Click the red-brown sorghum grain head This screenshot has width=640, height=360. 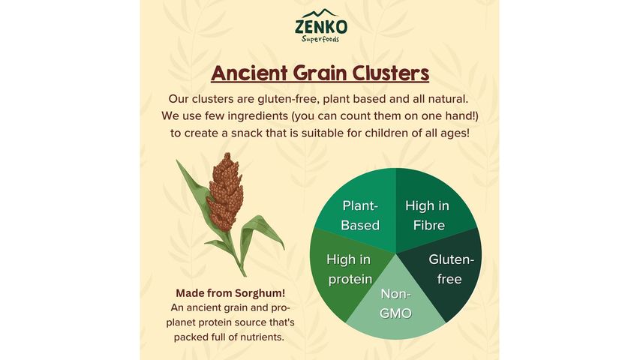tap(225, 191)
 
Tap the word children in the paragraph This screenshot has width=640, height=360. tap(394, 133)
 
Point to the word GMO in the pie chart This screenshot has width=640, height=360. tap(395, 313)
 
